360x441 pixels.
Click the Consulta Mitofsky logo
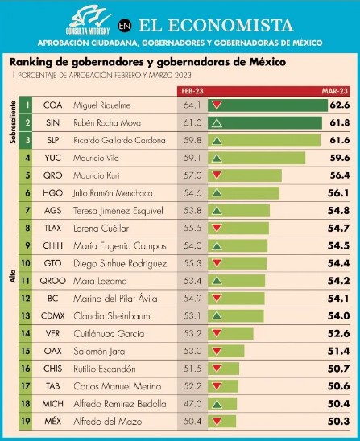click(x=89, y=20)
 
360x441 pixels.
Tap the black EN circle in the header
click(x=125, y=26)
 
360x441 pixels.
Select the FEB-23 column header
click(x=192, y=91)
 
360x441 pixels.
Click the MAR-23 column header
click(x=335, y=91)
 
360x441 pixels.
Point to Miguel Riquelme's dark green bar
click(x=267, y=105)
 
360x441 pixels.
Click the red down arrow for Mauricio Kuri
click(x=217, y=175)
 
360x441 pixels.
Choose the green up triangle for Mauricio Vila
click(x=217, y=158)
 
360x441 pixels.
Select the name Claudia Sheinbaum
click(x=112, y=315)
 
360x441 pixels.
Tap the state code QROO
click(x=52, y=281)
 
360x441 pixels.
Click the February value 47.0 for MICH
click(x=192, y=404)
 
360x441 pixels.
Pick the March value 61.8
click(x=340, y=122)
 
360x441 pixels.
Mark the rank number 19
click(x=26, y=421)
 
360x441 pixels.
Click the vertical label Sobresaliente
click(x=13, y=122)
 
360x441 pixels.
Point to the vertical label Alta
click(x=13, y=276)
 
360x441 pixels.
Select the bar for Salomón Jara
click(x=226, y=351)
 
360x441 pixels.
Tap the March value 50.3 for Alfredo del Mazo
click(x=338, y=422)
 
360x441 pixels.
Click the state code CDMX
click(x=52, y=315)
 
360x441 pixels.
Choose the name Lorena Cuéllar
click(x=101, y=228)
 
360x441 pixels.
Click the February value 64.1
click(x=192, y=105)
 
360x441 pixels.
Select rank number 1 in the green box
click(x=27, y=105)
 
